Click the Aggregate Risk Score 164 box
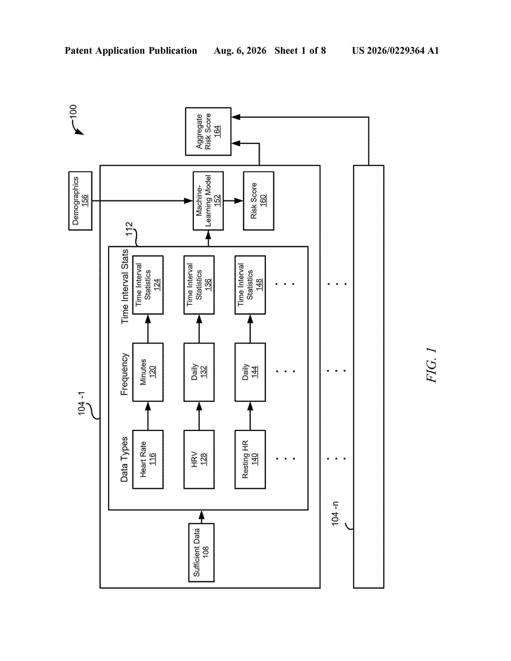pyautogui.click(x=208, y=131)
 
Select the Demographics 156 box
pyautogui.click(x=80, y=201)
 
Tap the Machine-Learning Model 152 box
pyautogui.click(x=208, y=201)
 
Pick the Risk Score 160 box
pyautogui.click(x=259, y=201)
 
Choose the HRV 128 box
pyautogui.click(x=199, y=459)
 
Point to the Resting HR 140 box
pyautogui.click(x=250, y=459)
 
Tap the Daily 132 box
pyautogui.click(x=199, y=372)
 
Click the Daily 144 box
pyautogui.click(x=250, y=372)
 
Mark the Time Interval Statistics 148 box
pyautogui.click(x=250, y=285)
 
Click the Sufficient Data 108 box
pyautogui.click(x=201, y=552)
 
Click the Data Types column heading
pyautogui.click(x=124, y=459)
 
